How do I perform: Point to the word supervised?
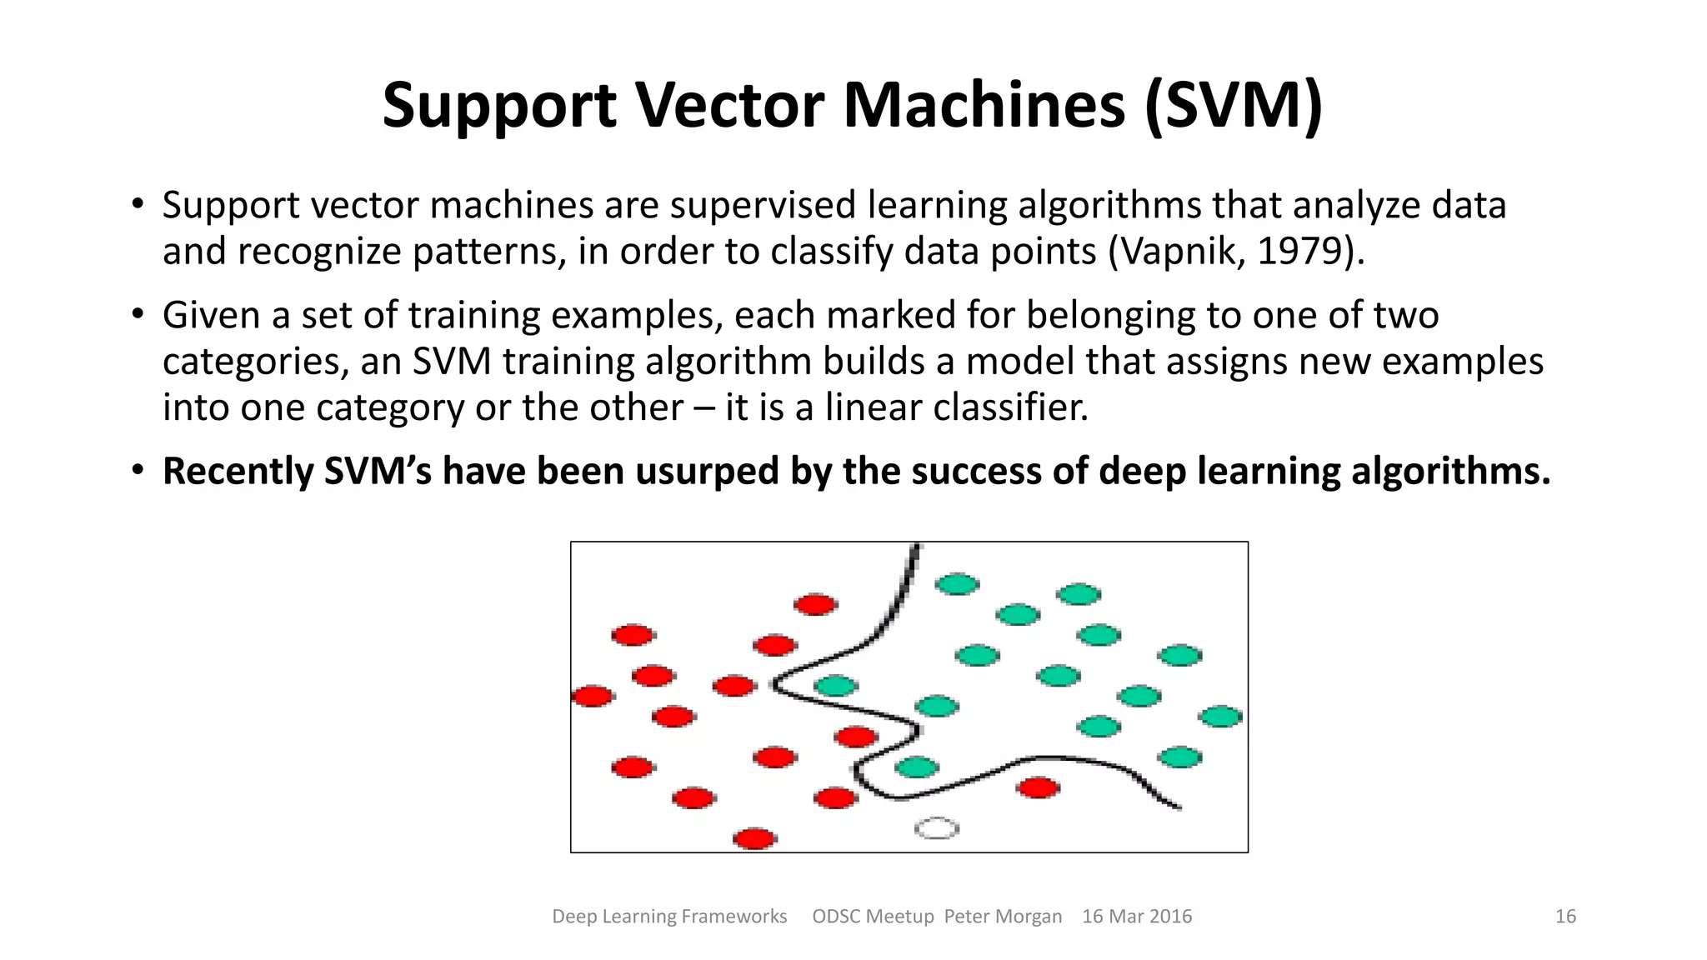tap(763, 205)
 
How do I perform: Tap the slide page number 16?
tap(1565, 917)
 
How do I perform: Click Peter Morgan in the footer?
tap(1003, 917)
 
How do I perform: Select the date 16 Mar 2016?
tap(1136, 917)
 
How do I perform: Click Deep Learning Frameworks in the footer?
tap(669, 917)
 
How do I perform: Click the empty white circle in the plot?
tap(937, 828)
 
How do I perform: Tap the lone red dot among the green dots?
tap(1039, 787)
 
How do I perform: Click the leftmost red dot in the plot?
tap(593, 696)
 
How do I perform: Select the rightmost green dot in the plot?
tap(1221, 716)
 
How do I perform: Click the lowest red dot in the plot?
tap(755, 837)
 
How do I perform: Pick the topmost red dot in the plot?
tap(815, 604)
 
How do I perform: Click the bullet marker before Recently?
tap(138, 471)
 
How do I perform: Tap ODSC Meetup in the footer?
tap(873, 917)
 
